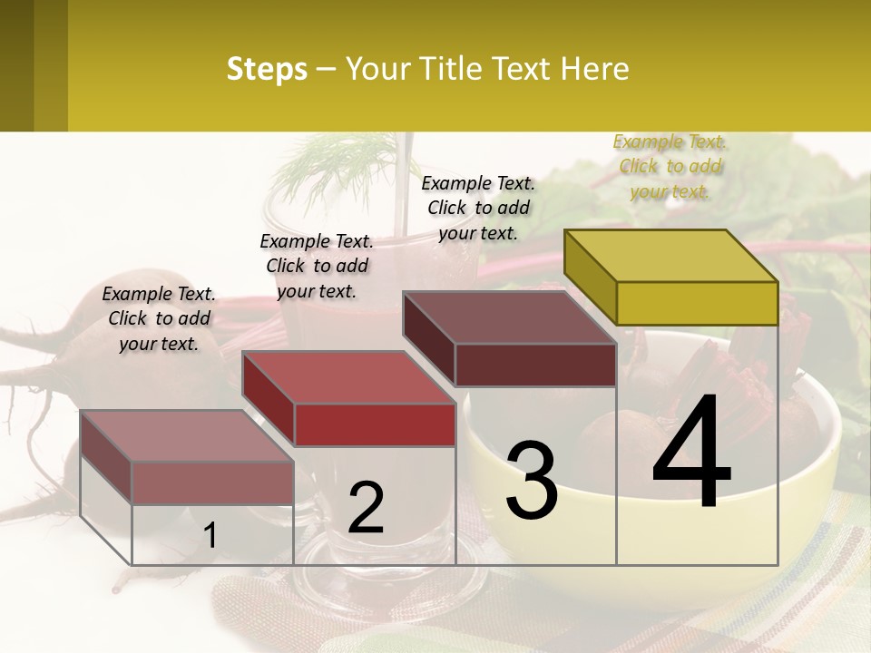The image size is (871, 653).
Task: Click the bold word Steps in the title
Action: (x=267, y=69)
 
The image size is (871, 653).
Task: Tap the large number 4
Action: (x=691, y=453)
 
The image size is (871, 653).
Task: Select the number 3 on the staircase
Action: (x=532, y=481)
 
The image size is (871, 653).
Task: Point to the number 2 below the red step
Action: (x=366, y=508)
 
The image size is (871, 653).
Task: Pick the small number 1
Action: (x=210, y=535)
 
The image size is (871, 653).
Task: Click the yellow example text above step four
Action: (x=670, y=166)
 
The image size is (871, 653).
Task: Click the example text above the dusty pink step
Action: (x=159, y=318)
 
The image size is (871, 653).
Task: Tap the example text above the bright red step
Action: (x=317, y=266)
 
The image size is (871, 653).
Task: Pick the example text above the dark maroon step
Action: (x=478, y=208)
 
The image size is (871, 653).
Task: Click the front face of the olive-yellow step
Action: (x=697, y=303)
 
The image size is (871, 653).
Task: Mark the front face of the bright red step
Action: (x=375, y=424)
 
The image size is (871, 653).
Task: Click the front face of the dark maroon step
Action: (x=535, y=365)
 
